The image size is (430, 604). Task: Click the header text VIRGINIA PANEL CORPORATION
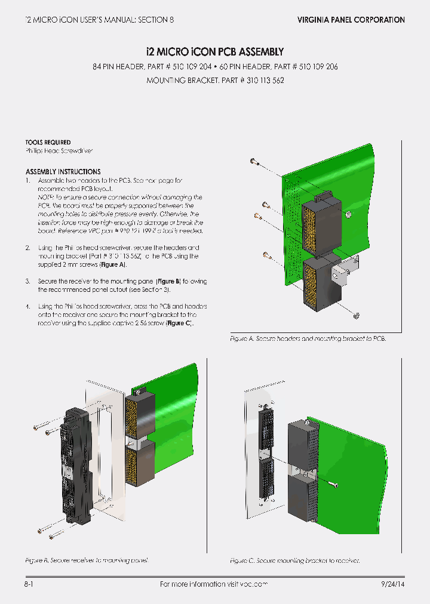351,20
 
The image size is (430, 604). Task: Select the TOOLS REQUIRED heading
48,143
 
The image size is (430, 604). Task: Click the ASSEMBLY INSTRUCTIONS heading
63,172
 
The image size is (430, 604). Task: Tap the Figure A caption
308,339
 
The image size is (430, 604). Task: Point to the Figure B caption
86,561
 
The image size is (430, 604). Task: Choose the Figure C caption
294,561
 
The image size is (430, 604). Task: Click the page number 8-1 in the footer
29,584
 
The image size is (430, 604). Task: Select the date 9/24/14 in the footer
392,584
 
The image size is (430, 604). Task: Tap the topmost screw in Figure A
254,161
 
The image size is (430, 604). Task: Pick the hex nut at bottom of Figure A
356,315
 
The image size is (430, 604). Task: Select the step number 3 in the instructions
28,281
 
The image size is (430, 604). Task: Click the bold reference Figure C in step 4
179,323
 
